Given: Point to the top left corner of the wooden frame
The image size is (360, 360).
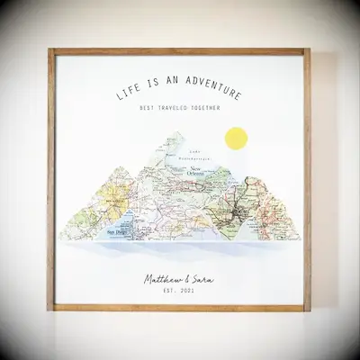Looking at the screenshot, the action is [x=50, y=50].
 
